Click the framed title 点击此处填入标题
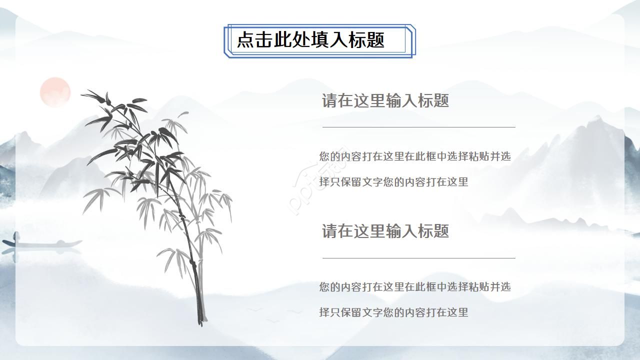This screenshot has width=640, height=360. (x=310, y=40)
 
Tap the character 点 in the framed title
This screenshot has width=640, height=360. (x=245, y=40)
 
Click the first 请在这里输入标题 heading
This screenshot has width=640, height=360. (x=385, y=101)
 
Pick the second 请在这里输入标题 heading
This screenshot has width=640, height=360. (x=385, y=231)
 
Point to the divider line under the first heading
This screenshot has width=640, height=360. (x=418, y=127)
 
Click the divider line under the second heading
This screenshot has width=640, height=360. (x=418, y=258)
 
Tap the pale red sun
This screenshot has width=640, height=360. (x=55, y=92)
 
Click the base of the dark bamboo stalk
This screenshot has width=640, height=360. (x=200, y=320)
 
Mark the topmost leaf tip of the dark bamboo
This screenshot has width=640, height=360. (x=83, y=93)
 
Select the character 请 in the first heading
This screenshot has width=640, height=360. (x=329, y=101)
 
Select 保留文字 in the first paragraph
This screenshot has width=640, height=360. (x=361, y=182)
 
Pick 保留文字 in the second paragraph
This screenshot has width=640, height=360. (x=361, y=312)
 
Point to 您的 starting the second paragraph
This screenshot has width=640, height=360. (x=329, y=287)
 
